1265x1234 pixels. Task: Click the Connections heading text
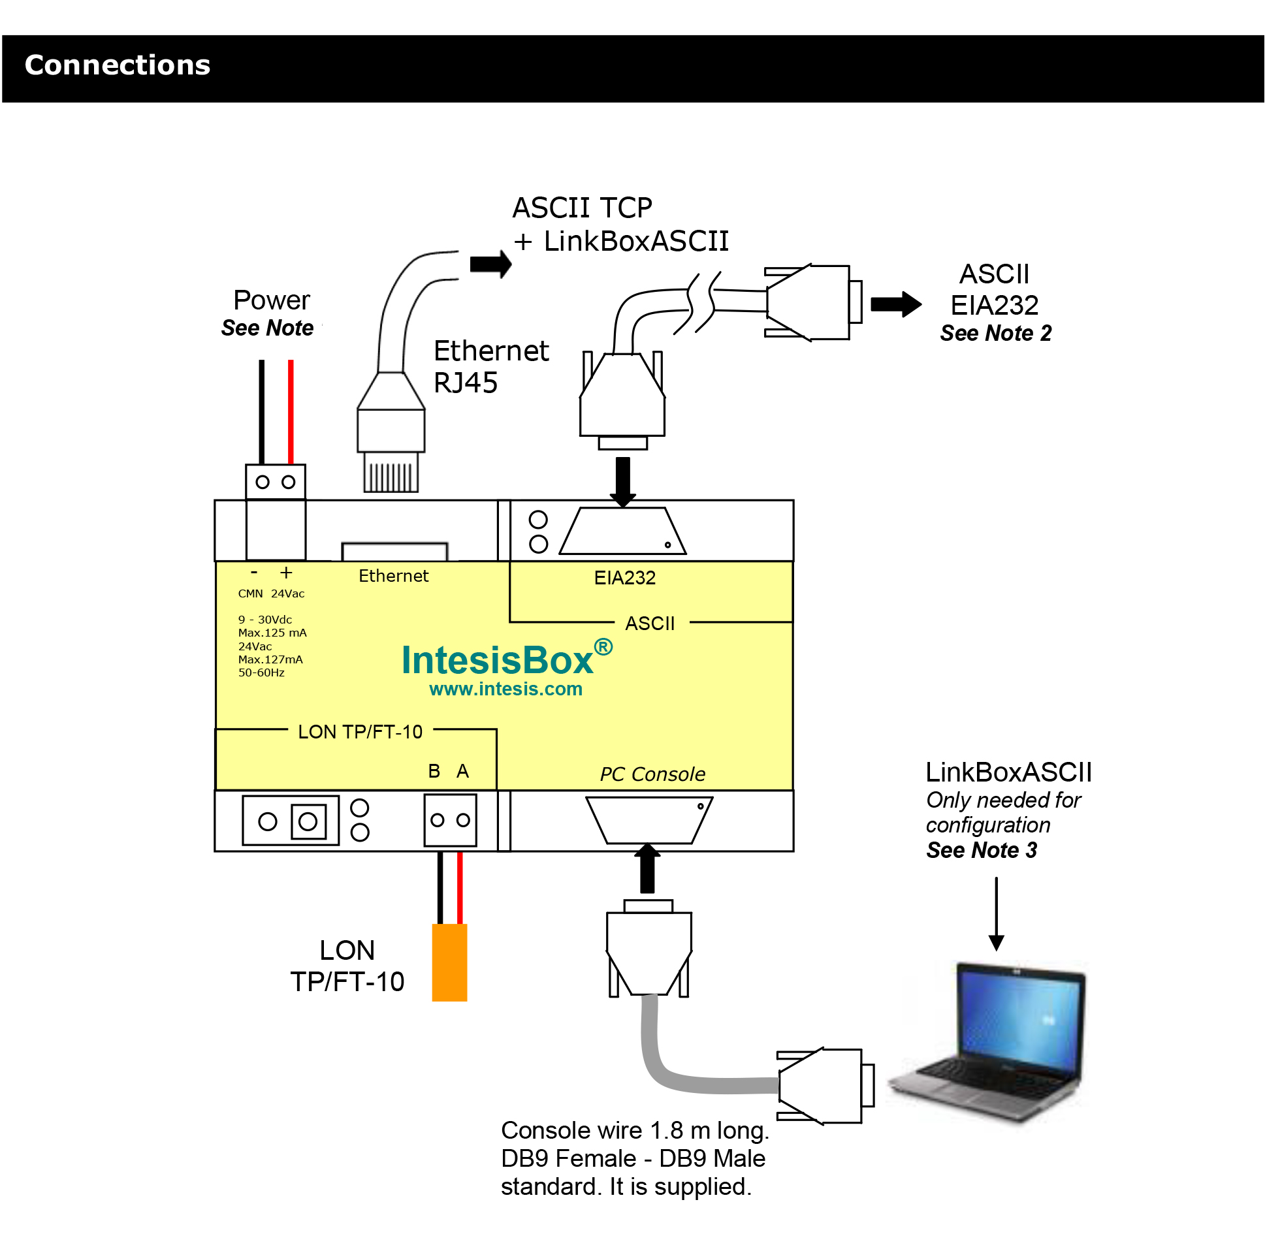[118, 65]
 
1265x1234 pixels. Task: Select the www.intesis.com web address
[505, 689]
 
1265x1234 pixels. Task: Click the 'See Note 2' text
[995, 333]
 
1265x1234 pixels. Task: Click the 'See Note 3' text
[981, 850]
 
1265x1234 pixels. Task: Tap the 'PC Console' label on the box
[652, 774]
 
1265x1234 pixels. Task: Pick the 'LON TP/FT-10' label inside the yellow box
[360, 732]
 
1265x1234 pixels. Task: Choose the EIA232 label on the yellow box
[624, 578]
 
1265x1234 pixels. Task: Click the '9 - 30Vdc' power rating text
[264, 620]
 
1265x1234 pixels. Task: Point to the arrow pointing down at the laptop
[996, 914]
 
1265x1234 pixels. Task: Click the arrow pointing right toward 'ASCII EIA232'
[895, 304]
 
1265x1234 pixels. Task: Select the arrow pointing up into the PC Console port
[647, 868]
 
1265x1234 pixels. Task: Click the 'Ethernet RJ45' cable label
[490, 366]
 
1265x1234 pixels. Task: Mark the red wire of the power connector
[291, 411]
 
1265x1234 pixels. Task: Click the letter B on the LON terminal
[434, 771]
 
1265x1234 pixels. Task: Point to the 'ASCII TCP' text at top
[582, 208]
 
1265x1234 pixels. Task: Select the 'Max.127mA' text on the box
[270, 659]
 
